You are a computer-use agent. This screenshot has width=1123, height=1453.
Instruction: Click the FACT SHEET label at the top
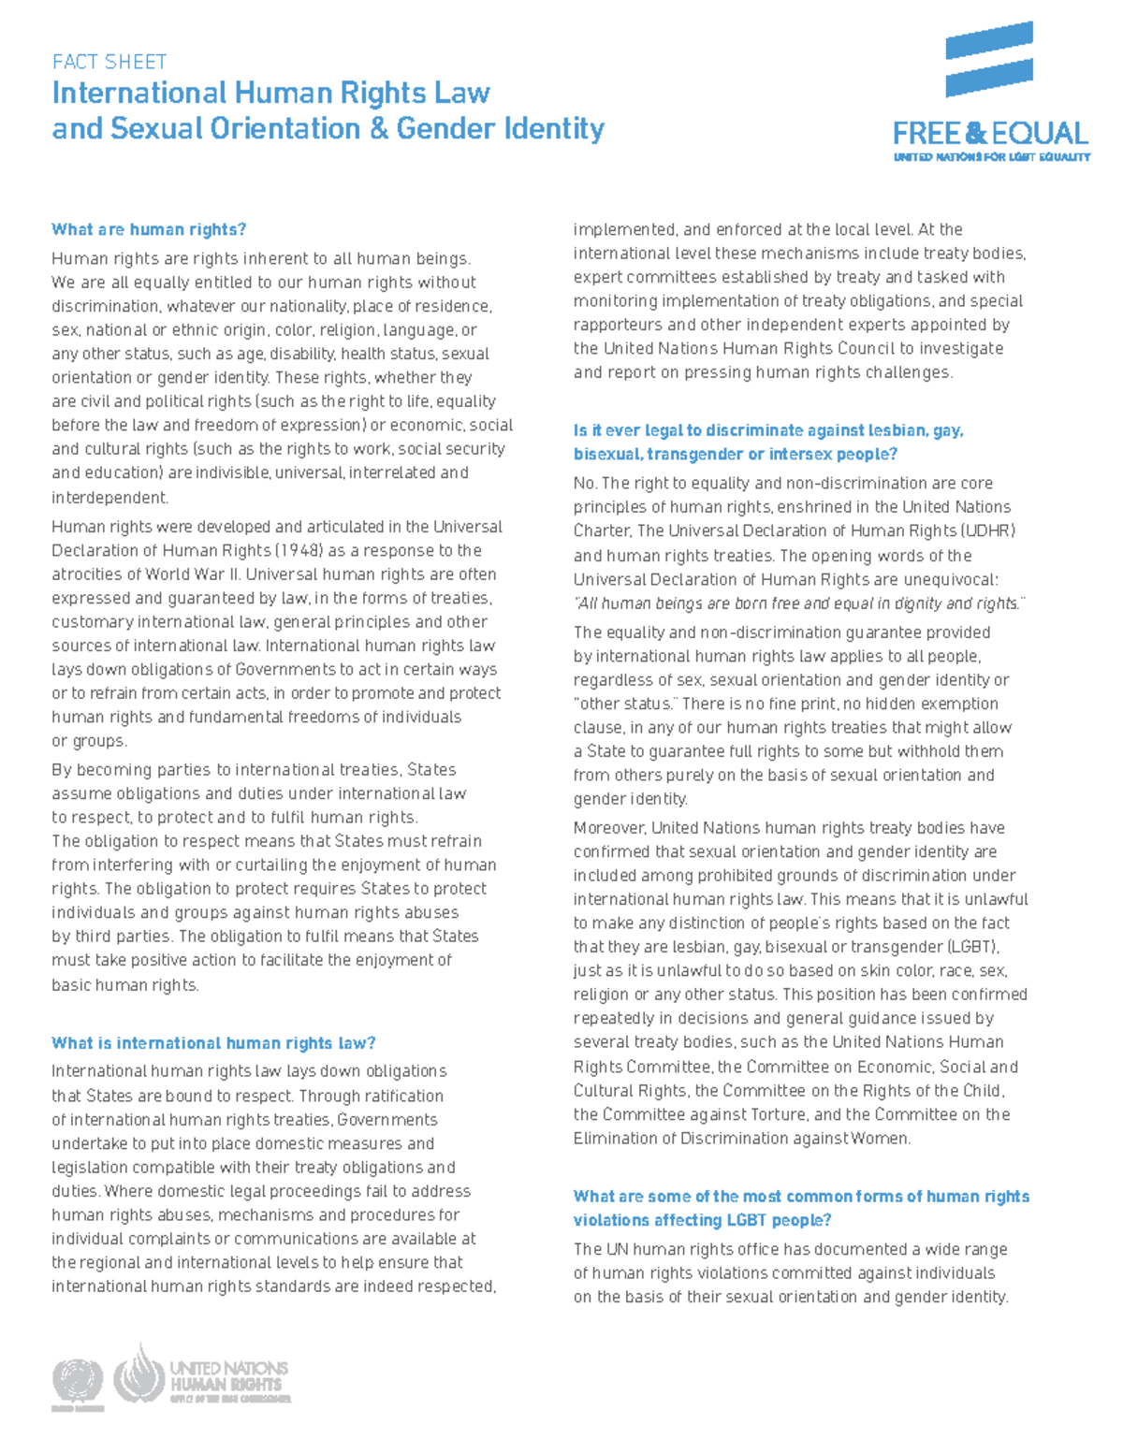(109, 62)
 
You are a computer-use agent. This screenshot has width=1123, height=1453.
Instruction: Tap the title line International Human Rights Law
(270, 93)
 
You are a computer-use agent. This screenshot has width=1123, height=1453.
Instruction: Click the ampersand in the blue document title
(378, 128)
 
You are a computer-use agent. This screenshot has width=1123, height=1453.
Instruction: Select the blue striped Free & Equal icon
(988, 59)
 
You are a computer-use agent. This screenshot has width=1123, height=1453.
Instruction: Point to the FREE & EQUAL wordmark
(990, 133)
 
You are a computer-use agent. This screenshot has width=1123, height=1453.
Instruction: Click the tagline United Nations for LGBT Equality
(991, 157)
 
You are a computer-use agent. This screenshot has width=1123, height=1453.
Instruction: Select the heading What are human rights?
(148, 229)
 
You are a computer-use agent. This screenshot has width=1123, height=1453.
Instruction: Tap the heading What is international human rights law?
(213, 1042)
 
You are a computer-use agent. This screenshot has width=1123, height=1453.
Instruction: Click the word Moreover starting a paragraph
(609, 828)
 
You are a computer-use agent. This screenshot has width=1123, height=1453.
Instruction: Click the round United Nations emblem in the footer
(77, 1381)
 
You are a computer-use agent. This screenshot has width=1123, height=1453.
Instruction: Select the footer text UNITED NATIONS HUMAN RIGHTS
(227, 1376)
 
